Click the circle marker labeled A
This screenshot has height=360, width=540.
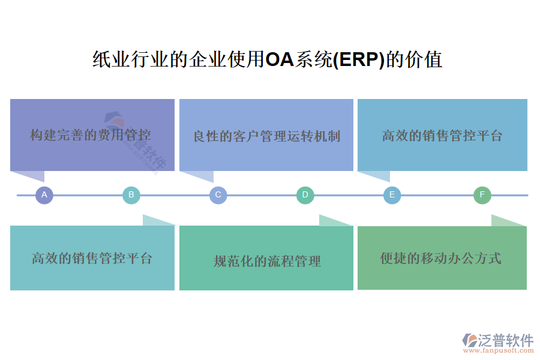pos(44,195)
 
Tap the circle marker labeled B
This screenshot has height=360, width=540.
pos(131,195)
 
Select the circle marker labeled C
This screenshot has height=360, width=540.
pos(218,195)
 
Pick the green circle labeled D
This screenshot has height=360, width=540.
pos(305,195)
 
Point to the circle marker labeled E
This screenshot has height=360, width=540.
pos(392,195)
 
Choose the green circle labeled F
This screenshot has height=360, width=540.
pos(482,195)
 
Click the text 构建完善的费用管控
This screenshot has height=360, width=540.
pos(91,134)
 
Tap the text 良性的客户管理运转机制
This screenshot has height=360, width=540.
pos(266,136)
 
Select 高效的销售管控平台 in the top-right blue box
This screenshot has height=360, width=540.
pos(442,136)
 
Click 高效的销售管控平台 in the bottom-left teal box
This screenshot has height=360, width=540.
pos(92,259)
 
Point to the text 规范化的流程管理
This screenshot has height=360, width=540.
pos(267,261)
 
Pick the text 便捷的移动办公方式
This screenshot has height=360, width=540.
pos(441,258)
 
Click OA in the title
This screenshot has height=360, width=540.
pos(279,60)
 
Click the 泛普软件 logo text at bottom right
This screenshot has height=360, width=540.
pos(505,341)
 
